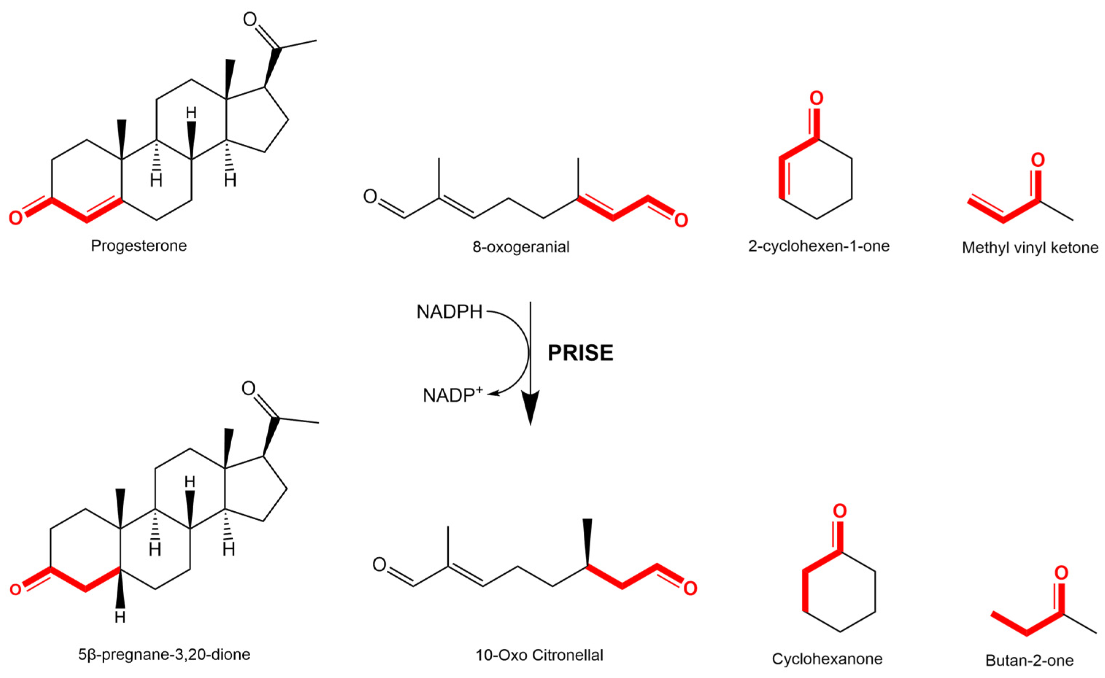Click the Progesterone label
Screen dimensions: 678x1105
(139, 246)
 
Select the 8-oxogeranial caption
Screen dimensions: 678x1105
(521, 247)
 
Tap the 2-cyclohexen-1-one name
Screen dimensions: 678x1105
(819, 246)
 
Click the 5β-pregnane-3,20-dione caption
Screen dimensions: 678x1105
(164, 655)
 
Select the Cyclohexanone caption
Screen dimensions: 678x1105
(827, 659)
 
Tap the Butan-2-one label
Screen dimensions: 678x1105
(1029, 660)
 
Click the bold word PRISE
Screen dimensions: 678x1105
(580, 353)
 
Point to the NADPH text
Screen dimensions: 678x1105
(449, 312)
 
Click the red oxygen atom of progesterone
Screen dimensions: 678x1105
(16, 218)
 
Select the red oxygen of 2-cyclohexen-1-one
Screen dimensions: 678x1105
(816, 98)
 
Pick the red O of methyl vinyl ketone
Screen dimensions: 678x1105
(1038, 160)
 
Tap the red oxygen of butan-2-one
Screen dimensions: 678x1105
(1061, 573)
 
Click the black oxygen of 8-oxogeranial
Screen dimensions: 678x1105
(370, 197)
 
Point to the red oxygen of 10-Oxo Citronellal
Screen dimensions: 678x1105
(690, 588)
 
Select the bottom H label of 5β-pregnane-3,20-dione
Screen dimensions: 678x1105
(120, 617)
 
